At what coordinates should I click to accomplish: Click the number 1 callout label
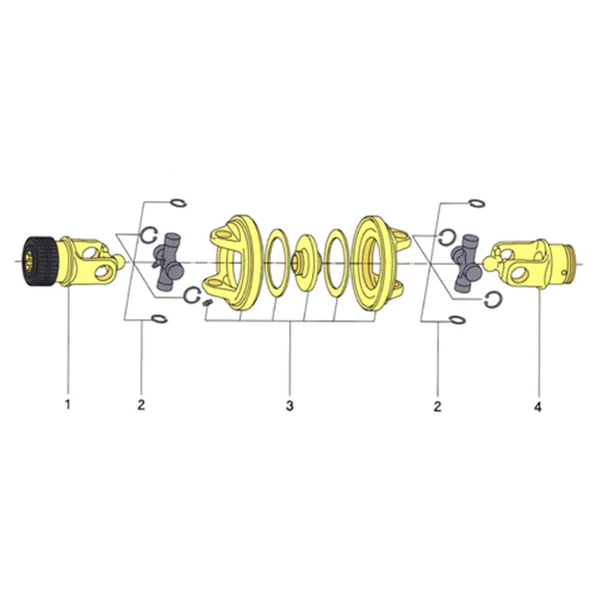point(68,405)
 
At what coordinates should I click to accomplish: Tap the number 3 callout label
point(290,405)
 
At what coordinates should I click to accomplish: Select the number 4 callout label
point(538,407)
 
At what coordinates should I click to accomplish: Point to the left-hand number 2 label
point(141,405)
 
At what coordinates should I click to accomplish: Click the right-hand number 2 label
point(437,406)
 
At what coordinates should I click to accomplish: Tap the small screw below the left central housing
point(207,303)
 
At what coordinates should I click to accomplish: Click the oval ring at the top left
point(178,203)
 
